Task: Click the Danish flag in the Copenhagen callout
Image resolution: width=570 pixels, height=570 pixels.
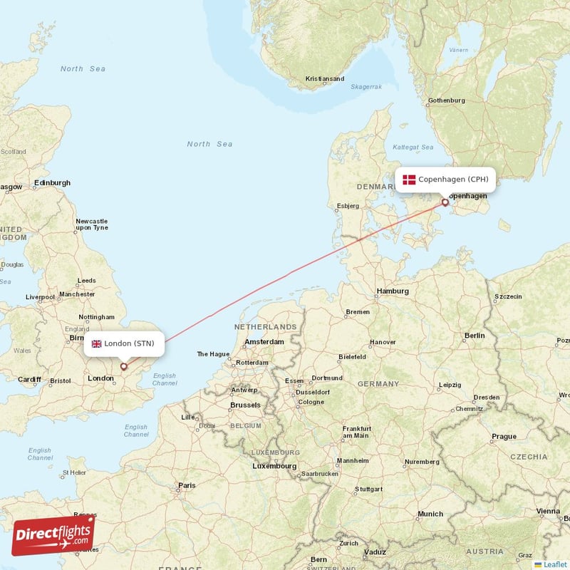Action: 409,180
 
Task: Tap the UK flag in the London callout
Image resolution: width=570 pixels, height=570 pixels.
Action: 97,343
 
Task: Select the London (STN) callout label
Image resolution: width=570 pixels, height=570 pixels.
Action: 125,343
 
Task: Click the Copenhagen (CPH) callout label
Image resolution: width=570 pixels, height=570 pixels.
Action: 445,180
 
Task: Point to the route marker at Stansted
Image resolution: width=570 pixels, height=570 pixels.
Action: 124,367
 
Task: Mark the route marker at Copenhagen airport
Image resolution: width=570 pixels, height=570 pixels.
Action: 445,202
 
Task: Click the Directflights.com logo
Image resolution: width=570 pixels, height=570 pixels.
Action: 53,534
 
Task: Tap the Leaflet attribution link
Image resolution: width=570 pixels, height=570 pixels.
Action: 554,564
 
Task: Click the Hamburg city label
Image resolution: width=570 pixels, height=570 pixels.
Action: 392,291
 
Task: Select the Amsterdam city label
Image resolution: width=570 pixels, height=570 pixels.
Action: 264,342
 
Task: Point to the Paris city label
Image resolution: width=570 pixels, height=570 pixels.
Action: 187,486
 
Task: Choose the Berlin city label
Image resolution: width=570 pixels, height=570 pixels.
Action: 474,335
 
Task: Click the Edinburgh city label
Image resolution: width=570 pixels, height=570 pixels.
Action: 52,182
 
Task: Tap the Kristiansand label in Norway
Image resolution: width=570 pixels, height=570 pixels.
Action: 324,79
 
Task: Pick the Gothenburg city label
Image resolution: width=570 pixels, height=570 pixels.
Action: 447,100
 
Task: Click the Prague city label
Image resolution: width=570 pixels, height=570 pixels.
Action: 504,436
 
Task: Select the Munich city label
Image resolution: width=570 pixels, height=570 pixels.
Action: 430,514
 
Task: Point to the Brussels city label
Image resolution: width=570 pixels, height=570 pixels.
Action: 245,405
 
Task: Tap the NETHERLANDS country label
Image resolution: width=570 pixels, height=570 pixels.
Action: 265,326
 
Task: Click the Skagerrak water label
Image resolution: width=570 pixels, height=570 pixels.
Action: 366,86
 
